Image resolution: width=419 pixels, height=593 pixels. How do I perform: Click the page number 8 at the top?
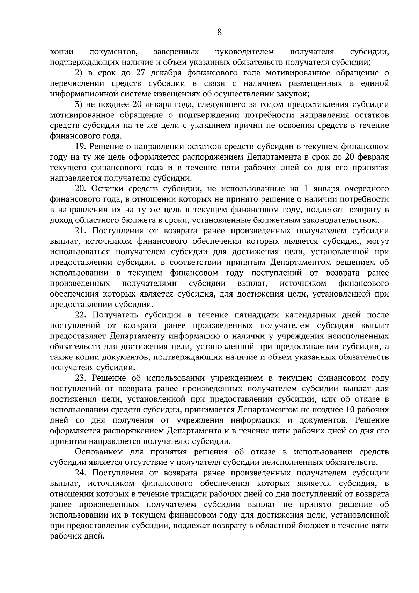pyautogui.click(x=219, y=32)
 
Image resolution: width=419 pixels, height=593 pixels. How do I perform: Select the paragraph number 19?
pyautogui.click(x=80, y=147)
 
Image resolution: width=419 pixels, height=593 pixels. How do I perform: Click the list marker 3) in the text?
pyautogui.click(x=79, y=104)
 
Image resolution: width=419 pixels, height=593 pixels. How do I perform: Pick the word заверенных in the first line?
pyautogui.click(x=176, y=52)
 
